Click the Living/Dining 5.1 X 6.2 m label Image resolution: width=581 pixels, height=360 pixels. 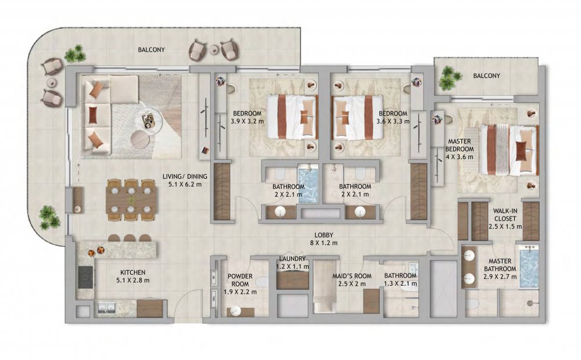(x=185, y=181)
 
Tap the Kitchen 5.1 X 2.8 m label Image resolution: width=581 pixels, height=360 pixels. (x=132, y=276)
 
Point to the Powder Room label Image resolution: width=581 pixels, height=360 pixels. (x=240, y=280)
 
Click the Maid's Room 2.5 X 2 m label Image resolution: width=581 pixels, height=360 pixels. (x=352, y=280)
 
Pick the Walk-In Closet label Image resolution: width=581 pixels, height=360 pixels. (x=505, y=215)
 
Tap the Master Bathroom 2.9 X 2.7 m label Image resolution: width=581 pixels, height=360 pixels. (x=500, y=268)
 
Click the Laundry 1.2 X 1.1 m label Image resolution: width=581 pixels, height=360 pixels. (x=292, y=262)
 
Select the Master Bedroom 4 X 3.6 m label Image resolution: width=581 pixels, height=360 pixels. (x=460, y=149)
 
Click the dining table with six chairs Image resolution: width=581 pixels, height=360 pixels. (x=131, y=200)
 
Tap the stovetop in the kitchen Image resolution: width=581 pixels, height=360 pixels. (x=85, y=276)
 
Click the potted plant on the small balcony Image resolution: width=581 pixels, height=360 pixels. (x=449, y=78)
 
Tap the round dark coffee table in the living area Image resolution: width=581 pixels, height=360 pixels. (x=141, y=139)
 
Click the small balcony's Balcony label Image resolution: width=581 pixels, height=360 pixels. (x=486, y=75)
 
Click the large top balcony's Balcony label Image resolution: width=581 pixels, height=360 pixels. (x=151, y=49)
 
